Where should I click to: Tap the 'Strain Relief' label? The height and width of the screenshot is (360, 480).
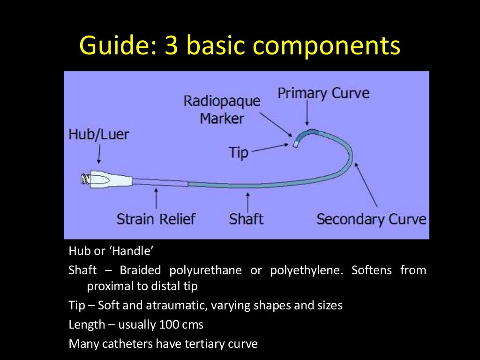(156, 219)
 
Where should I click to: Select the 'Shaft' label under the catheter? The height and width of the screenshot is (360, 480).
(246, 219)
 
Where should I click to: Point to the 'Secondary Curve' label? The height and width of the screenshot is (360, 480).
(371, 219)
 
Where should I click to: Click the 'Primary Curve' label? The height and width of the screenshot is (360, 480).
(323, 93)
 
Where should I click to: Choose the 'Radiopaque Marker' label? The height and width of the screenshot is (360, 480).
(222, 109)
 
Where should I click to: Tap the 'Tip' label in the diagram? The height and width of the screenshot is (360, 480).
(239, 152)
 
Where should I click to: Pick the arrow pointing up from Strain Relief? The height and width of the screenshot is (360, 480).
(156, 199)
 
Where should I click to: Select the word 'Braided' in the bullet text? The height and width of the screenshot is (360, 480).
(140, 270)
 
